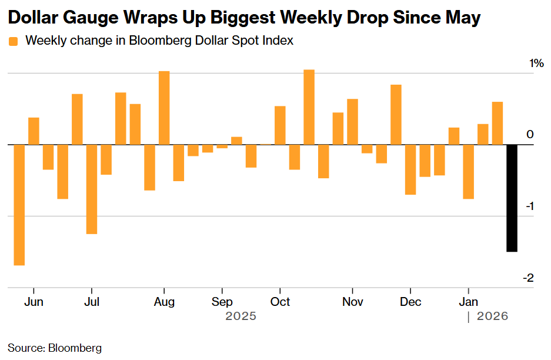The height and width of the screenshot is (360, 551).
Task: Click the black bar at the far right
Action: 512,198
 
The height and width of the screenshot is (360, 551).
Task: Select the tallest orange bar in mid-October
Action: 309,107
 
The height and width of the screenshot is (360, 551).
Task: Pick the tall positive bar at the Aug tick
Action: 164,108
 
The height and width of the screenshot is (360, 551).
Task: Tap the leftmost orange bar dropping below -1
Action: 19,205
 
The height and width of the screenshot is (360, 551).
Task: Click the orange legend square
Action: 13,41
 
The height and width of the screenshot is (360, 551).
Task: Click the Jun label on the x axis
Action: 35,302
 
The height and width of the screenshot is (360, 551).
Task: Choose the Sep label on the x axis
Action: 222,302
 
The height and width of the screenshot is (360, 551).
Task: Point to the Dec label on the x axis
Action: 410,302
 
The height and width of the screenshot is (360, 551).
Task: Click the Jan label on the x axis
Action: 468,302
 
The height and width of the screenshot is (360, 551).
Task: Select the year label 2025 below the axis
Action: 241,316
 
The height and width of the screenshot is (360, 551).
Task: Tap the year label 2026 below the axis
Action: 492,316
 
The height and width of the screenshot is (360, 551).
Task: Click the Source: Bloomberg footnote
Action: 55,348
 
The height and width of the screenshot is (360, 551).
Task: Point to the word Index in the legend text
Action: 280,41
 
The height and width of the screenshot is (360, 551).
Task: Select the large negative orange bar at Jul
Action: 92,189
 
